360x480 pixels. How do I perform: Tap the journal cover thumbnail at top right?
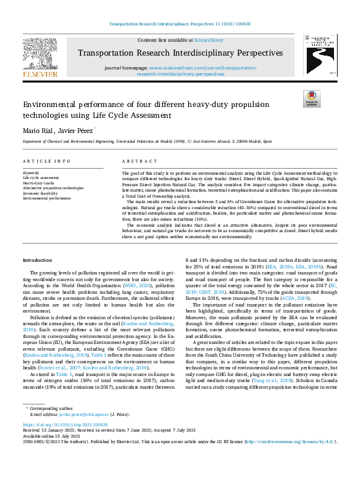319,56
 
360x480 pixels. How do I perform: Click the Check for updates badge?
311,99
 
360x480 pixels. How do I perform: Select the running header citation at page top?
180,24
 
